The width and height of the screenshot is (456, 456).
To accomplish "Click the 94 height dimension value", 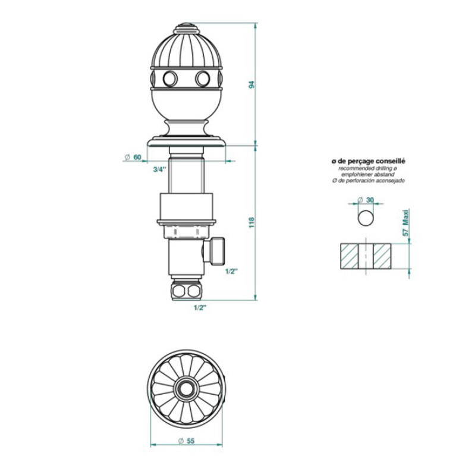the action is click(252, 84).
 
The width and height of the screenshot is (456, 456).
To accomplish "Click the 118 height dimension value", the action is click(252, 222).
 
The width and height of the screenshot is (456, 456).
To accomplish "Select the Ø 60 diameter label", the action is click(133, 158).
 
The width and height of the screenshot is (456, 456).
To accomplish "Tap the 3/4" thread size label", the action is click(160, 169).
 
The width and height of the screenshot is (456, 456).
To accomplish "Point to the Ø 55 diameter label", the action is click(187, 441).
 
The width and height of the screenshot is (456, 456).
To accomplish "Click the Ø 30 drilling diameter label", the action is click(366, 200).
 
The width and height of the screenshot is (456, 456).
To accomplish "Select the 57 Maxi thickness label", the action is click(405, 223).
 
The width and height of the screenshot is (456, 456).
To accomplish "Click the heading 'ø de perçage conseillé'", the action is click(369, 161).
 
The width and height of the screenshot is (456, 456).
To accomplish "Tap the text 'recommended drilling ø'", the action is click(368, 168).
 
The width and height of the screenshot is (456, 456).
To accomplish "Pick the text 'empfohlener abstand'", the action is click(368, 174).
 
